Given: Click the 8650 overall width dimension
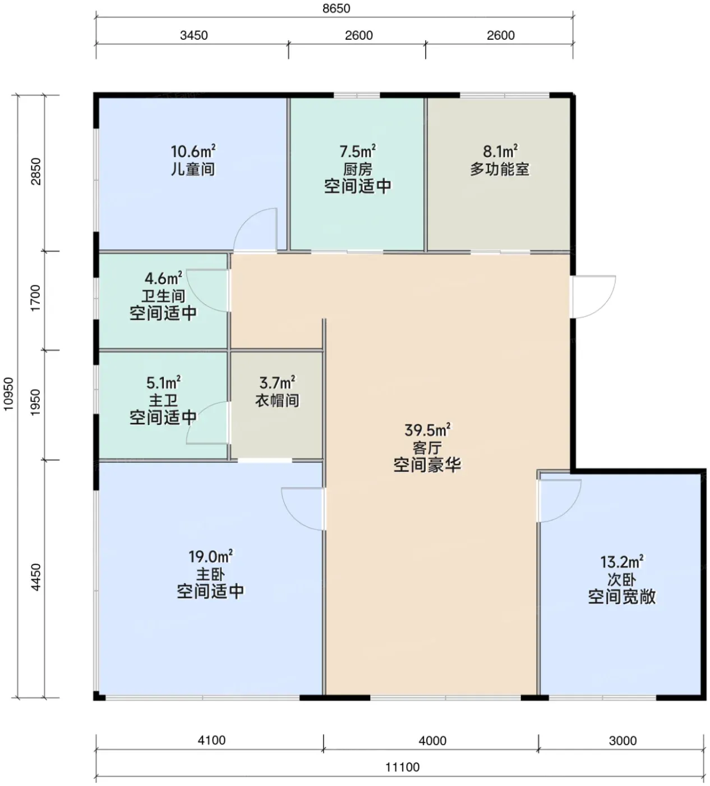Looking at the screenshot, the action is click(336, 8).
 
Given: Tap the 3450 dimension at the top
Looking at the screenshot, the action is click(193, 35).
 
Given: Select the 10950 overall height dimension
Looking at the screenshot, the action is click(8, 394).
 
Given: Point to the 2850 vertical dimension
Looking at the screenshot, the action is click(36, 172).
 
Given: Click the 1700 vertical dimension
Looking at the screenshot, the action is click(36, 298).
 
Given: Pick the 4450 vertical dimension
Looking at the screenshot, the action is click(36, 577).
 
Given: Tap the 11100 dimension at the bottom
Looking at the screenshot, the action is click(402, 767).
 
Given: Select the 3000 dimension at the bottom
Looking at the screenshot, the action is click(623, 741).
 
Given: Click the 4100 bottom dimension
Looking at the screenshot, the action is click(212, 740).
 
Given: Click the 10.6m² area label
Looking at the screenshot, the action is click(193, 151).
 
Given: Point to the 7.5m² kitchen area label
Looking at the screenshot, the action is click(358, 151).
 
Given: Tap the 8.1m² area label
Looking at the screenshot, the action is click(500, 151).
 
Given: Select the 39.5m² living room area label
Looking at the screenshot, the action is click(427, 430).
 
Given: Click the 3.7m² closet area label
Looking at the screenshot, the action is click(277, 382).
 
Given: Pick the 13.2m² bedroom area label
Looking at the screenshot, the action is click(622, 562).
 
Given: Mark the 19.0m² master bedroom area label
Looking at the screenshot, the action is click(210, 556).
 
